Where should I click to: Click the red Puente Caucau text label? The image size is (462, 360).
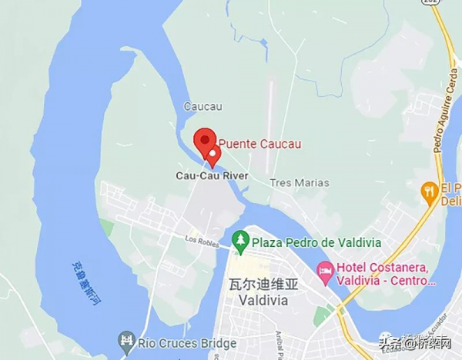click(x=258, y=143)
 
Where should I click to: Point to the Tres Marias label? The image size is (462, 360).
click(x=300, y=183)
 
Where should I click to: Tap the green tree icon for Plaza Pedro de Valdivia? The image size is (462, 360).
click(x=240, y=242)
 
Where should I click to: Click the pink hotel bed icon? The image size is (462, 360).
click(x=326, y=270)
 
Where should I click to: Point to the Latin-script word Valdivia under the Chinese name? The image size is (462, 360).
click(x=263, y=300)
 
